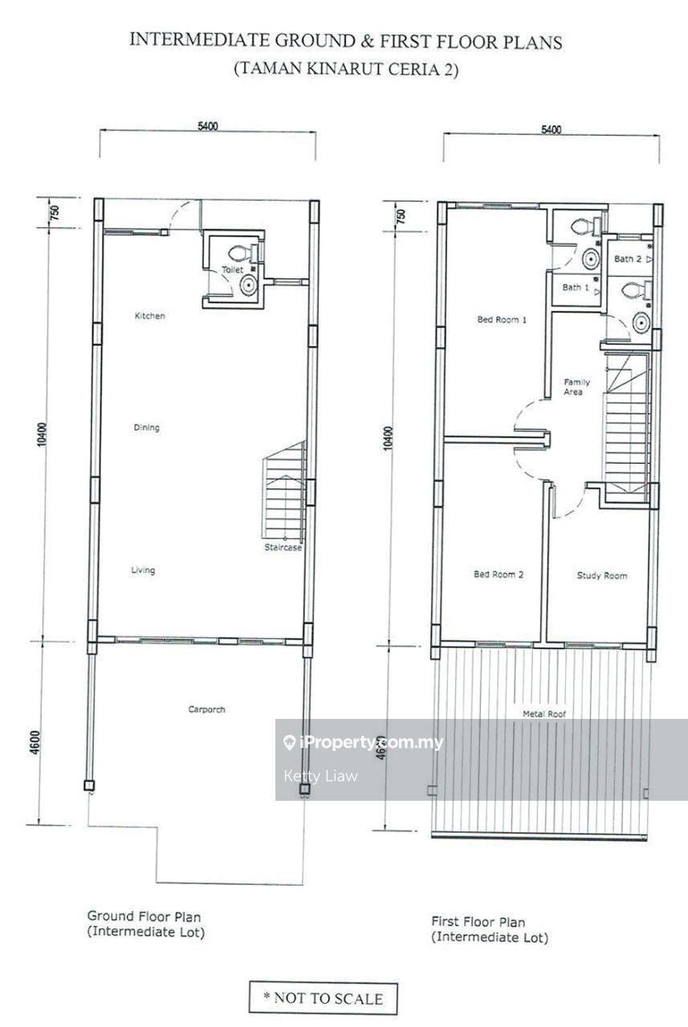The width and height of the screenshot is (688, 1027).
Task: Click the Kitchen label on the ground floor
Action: pos(149,316)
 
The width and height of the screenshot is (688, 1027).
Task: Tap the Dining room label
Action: pos(147,428)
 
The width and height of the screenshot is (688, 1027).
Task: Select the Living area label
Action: pos(143,570)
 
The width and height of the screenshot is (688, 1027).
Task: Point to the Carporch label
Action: pos(207,709)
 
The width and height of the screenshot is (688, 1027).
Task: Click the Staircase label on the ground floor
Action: pos(283,547)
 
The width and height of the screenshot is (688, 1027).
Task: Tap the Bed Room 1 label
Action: pos(502,319)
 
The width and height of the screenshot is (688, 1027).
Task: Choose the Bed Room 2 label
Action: pos(499,574)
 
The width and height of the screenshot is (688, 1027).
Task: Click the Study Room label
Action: pos(602,575)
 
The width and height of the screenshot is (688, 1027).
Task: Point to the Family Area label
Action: pos(576,387)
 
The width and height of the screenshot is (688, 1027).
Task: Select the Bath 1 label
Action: pos(576,287)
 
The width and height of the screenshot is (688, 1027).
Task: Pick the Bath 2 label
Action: pos(628,259)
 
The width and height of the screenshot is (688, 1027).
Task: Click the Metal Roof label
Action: pos(544,714)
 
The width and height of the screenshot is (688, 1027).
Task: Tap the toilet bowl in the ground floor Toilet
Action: pos(242,253)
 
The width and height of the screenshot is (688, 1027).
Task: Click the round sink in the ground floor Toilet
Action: pos(249,285)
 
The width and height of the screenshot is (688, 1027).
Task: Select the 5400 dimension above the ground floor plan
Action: pos(208,126)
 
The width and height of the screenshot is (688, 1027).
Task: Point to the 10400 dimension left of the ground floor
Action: pos(43,435)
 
